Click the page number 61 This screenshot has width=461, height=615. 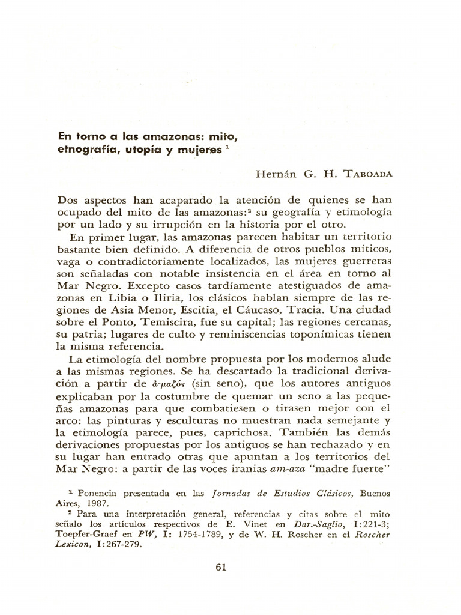[220, 568]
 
